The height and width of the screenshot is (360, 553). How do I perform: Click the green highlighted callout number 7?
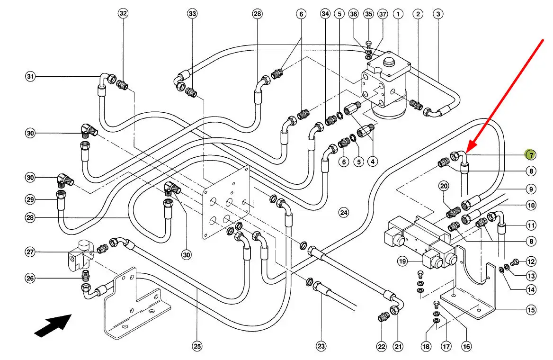pyautogui.click(x=531, y=155)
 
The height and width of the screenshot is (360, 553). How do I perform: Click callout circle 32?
pyautogui.click(x=123, y=14)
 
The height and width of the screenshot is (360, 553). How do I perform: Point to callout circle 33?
pyautogui.click(x=192, y=14)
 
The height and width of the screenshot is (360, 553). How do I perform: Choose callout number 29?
pyautogui.click(x=31, y=199)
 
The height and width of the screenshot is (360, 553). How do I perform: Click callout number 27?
pyautogui.click(x=31, y=252)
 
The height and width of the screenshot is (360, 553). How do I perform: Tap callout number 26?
pyautogui.click(x=31, y=279)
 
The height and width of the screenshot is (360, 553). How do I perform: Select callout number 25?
pyautogui.click(x=197, y=346)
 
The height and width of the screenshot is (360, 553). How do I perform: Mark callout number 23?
pyautogui.click(x=321, y=346)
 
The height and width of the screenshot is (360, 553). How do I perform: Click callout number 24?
pyautogui.click(x=344, y=213)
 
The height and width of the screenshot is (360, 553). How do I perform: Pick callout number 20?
pyautogui.click(x=444, y=186)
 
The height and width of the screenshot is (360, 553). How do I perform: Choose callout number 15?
pyautogui.click(x=531, y=310)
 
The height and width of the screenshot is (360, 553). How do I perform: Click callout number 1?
pyautogui.click(x=398, y=14)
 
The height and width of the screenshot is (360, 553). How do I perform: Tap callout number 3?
pyautogui.click(x=438, y=14)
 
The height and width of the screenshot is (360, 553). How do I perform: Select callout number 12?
pyautogui.click(x=531, y=261)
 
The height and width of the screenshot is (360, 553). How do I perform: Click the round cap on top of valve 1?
pyautogui.click(x=389, y=62)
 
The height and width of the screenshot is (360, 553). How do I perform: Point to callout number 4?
pyautogui.click(x=373, y=162)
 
